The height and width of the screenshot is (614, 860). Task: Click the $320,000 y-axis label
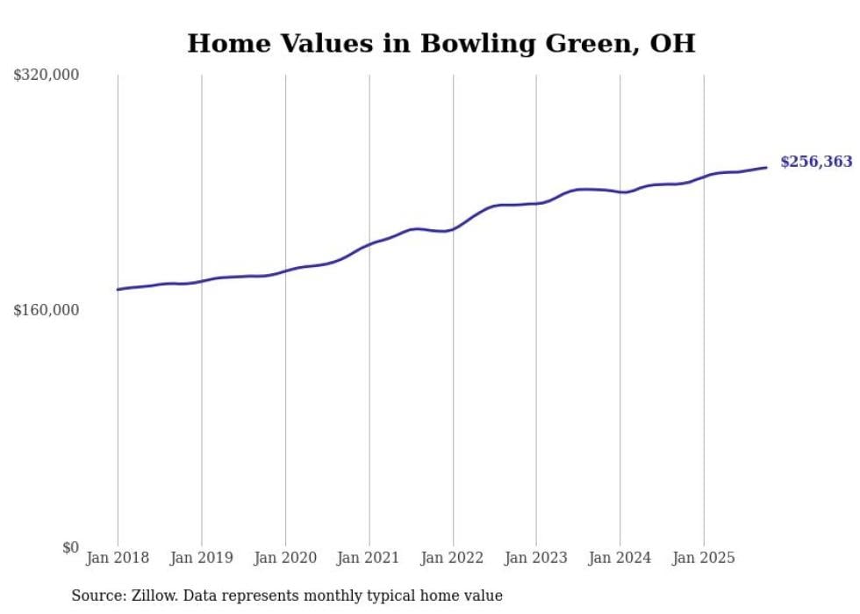(x=46, y=76)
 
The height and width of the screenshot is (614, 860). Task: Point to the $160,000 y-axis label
(x=46, y=310)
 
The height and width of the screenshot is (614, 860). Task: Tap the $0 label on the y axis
(x=70, y=547)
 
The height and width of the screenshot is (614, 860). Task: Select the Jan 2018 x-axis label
(x=118, y=558)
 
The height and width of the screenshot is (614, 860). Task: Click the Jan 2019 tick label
(x=201, y=558)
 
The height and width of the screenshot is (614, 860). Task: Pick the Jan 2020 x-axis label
(x=285, y=558)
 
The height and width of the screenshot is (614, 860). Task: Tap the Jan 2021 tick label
(x=369, y=558)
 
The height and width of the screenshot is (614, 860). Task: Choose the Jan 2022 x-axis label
(x=452, y=558)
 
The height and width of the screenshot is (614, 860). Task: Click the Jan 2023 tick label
(x=536, y=558)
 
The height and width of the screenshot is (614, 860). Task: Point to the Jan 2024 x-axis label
(x=620, y=558)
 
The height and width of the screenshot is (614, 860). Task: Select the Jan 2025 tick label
(x=703, y=558)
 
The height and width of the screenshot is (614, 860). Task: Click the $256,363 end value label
(x=816, y=162)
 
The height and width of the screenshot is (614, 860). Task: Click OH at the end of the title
(x=672, y=43)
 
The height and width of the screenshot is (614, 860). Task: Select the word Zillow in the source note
(x=154, y=596)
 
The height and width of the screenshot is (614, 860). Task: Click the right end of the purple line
(x=766, y=167)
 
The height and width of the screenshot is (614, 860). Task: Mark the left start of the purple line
(x=118, y=289)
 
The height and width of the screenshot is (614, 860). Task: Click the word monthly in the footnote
(x=326, y=596)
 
